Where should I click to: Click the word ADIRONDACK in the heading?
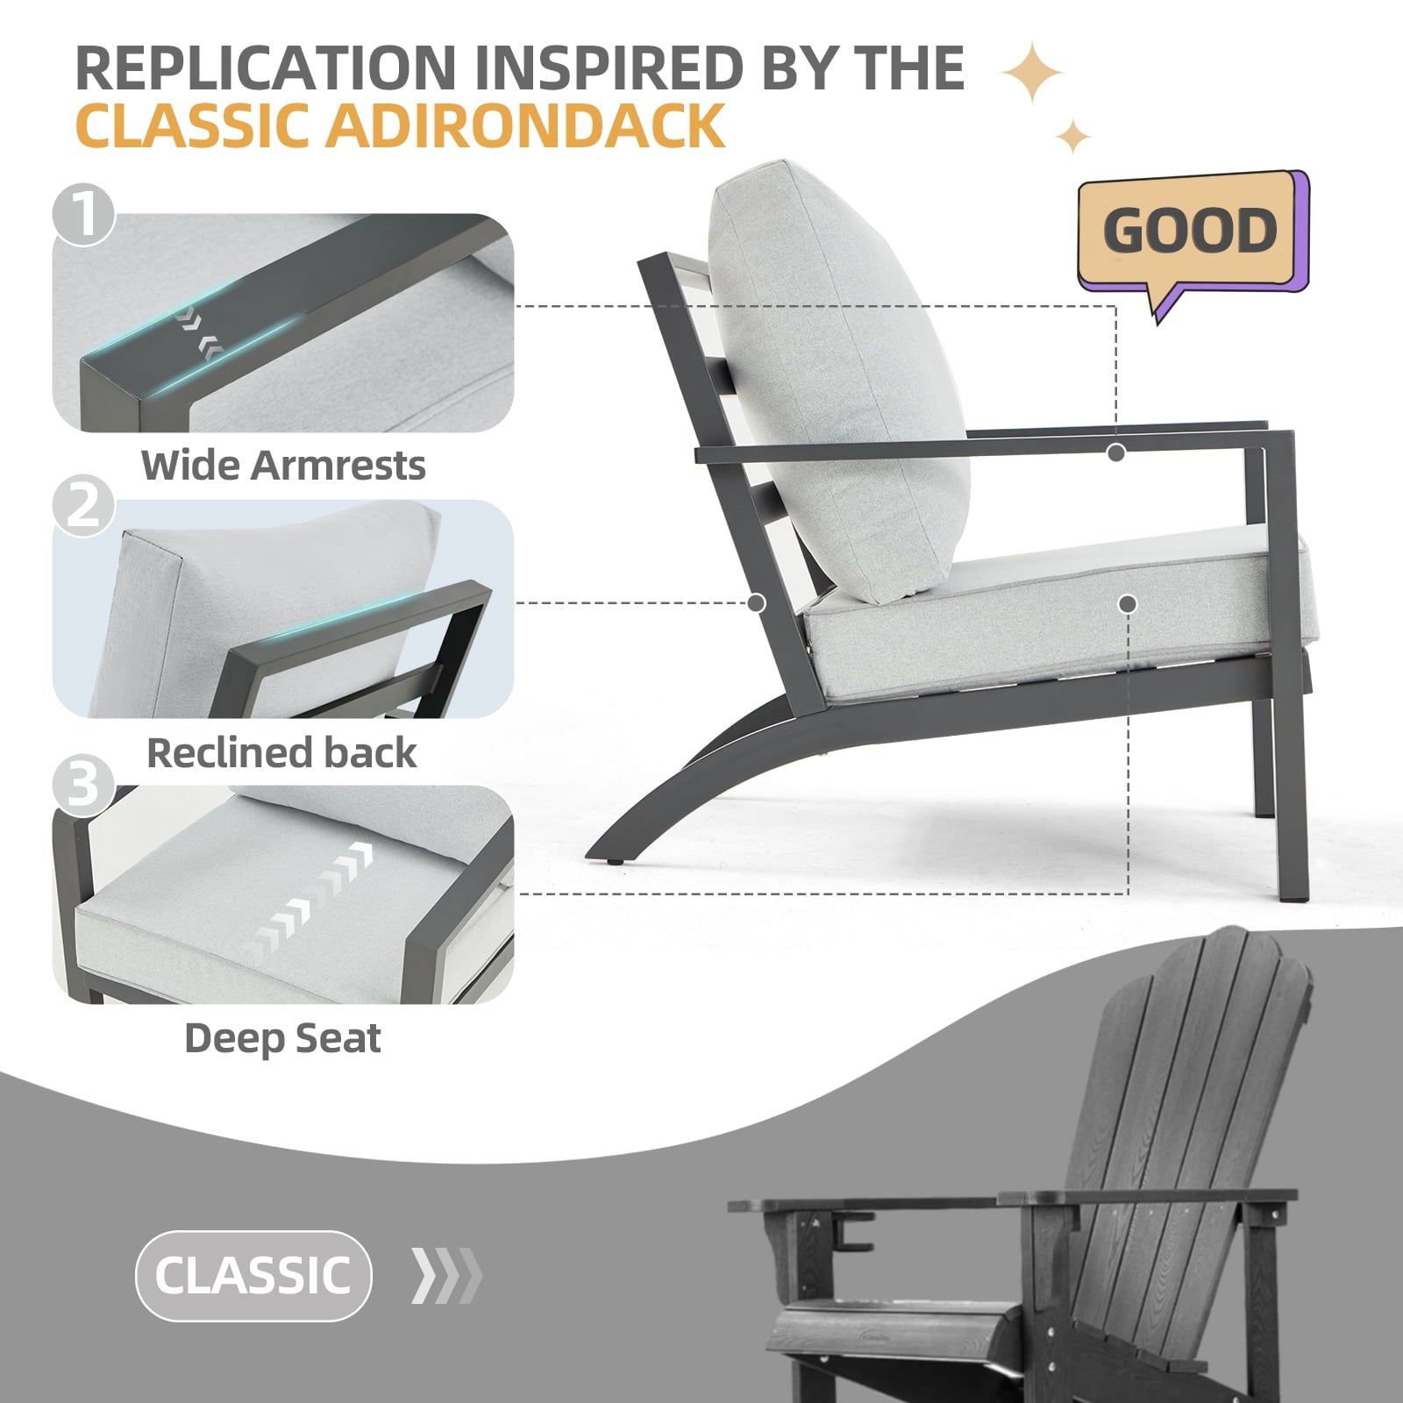pyautogui.click(x=525, y=125)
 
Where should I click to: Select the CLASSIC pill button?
pyautogui.click(x=253, y=1275)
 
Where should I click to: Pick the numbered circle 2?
pyautogui.click(x=83, y=505)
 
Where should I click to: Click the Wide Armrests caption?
pyautogui.click(x=283, y=465)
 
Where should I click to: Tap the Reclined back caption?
pyautogui.click(x=281, y=752)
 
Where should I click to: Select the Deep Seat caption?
pyautogui.click(x=282, y=1039)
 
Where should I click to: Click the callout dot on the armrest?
pyautogui.click(x=1115, y=452)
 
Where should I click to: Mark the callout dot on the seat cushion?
pyautogui.click(x=1129, y=603)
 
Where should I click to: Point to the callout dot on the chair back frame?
pyautogui.click(x=757, y=603)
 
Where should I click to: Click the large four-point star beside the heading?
pyautogui.click(x=1032, y=73)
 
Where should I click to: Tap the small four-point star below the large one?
pyautogui.click(x=1072, y=137)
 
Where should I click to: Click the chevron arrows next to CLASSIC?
pyautogui.click(x=447, y=1275)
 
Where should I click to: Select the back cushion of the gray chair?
pyautogui.click(x=837, y=381)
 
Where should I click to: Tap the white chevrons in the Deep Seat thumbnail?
pyautogui.click(x=311, y=899)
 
